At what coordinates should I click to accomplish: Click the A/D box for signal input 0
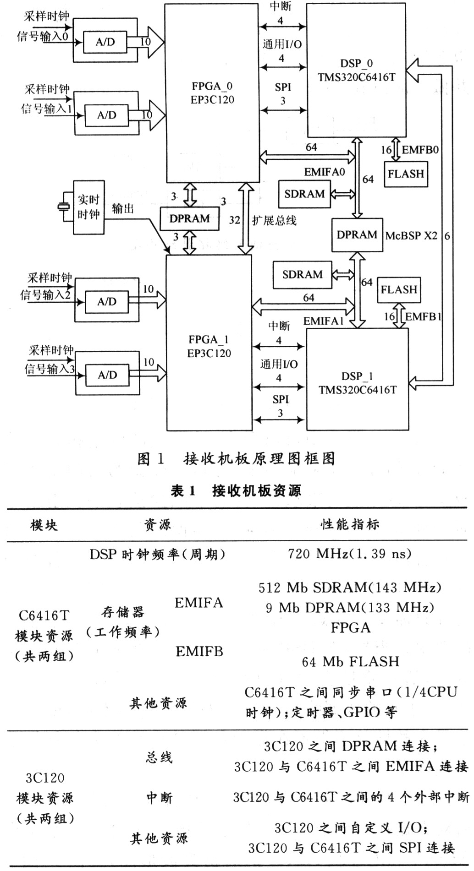pos(105,43)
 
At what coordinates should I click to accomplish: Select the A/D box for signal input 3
pos(107,375)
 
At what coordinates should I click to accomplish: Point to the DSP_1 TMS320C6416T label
pos(358,383)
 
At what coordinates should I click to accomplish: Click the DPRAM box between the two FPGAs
pos(189,219)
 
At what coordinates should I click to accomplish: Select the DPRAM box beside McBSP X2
pos(357,234)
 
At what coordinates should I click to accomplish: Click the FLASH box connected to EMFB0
pos(406,174)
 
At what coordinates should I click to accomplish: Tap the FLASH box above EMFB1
pos(399,289)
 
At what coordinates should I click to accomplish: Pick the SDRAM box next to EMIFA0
pos(304,194)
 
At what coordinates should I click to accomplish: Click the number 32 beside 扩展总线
pos(235,220)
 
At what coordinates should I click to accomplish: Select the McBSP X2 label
pos(411,236)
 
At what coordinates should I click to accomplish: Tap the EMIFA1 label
pos(324,321)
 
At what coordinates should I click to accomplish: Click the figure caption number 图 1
pos(151,458)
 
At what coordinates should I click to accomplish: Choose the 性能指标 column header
pos(350,524)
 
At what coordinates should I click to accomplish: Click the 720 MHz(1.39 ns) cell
pos(350,554)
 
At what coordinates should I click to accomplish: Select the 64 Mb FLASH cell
pos(351,661)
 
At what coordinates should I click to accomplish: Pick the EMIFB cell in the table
pos(199,651)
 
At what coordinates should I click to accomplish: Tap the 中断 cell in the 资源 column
pos(160,798)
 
